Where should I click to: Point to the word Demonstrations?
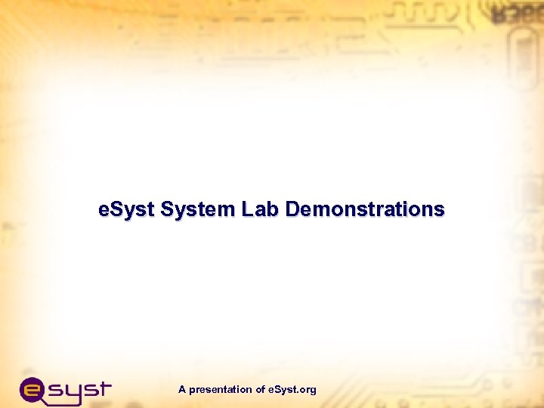click(x=365, y=209)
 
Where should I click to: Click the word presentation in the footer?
click(x=221, y=390)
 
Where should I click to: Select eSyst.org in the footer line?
click(x=292, y=390)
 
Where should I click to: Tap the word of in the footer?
click(x=260, y=390)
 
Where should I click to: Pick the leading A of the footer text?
click(x=182, y=390)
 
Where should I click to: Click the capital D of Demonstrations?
click(x=292, y=209)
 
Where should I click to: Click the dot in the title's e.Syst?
click(x=108, y=215)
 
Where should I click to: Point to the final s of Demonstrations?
click(x=440, y=211)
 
